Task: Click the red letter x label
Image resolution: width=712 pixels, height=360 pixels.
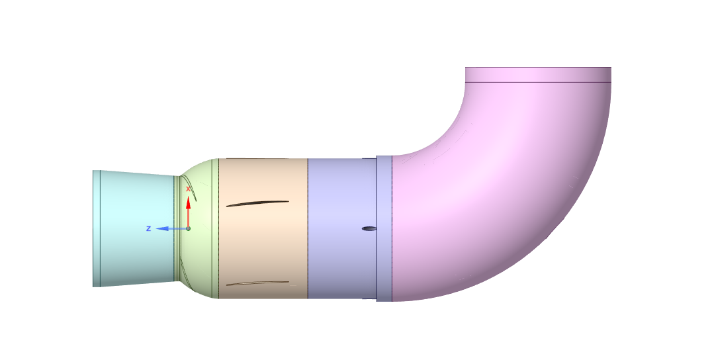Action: coord(188,189)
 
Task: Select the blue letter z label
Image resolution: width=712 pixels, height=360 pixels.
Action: coord(148,228)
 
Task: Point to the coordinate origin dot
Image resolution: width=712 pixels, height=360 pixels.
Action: coord(188,228)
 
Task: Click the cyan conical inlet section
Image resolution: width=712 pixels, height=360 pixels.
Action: coord(134,228)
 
